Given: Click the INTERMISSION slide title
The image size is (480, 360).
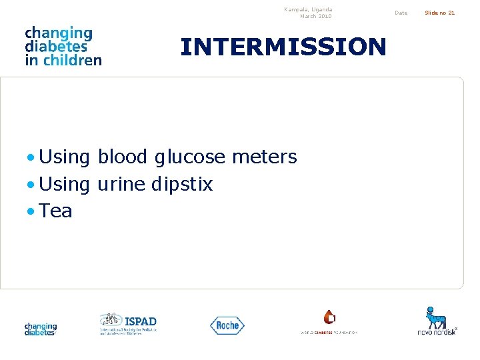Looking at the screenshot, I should click(283, 47).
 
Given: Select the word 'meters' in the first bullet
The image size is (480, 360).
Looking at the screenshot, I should click(264, 157).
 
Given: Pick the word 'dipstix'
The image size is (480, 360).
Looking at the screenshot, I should click(182, 185).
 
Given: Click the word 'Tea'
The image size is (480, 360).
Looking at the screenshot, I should click(55, 211).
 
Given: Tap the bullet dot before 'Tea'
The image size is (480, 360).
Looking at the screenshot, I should click(31, 212).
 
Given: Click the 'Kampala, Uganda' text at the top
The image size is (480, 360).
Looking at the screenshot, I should click(308, 9).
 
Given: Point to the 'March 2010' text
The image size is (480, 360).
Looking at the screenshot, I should click(315, 16).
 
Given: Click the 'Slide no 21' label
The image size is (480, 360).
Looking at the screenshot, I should click(440, 13).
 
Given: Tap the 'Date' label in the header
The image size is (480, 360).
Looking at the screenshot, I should click(401, 13).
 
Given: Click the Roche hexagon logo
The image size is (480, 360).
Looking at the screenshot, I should click(227, 325).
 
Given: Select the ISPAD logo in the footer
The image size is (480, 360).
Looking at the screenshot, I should click(128, 323).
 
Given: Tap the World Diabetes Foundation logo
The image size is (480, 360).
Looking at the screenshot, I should click(329, 322).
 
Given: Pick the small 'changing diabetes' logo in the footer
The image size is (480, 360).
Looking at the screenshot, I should click(41, 329).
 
